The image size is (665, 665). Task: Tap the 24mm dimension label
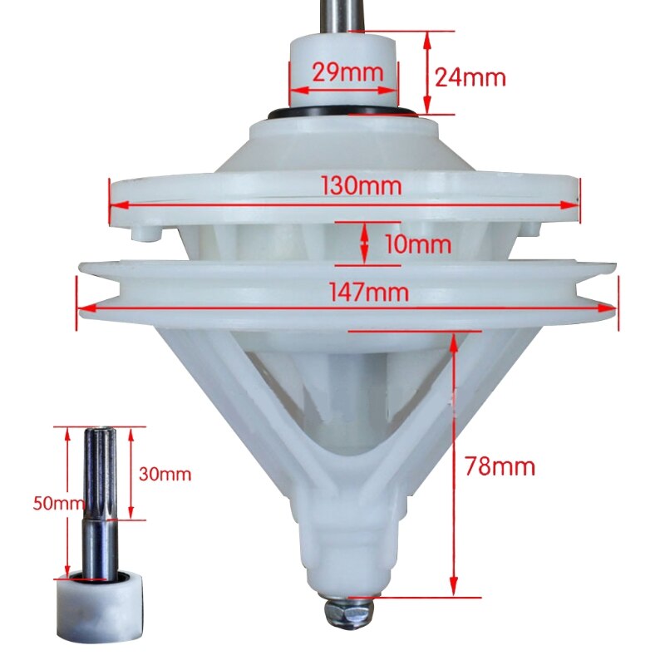470,78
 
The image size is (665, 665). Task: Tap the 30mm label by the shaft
166,475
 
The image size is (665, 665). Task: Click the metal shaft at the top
336,15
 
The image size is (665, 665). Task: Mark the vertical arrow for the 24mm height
427,73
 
